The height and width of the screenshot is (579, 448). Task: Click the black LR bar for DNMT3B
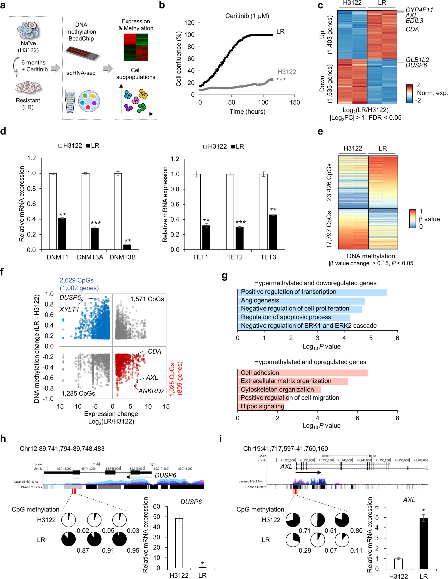point(127,247)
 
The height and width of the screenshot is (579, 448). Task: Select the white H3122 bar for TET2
point(230,212)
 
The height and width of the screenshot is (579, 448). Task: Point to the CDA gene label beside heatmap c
point(412,30)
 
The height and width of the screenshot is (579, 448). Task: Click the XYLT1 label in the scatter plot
point(69,309)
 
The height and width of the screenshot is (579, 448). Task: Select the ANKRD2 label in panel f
point(151,391)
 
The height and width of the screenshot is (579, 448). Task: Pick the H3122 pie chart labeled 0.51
point(318,520)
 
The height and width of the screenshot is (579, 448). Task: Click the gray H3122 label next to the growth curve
point(286,72)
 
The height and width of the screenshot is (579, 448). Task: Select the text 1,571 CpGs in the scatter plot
point(147,299)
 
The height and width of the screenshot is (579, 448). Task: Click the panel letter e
point(320,132)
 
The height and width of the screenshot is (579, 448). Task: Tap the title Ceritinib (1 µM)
point(247,16)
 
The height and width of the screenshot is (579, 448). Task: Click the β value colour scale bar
point(413,219)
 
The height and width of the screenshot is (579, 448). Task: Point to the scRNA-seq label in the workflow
point(81,73)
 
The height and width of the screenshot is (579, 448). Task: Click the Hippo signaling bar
point(261,406)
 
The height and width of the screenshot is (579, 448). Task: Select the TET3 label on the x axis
point(268,257)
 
